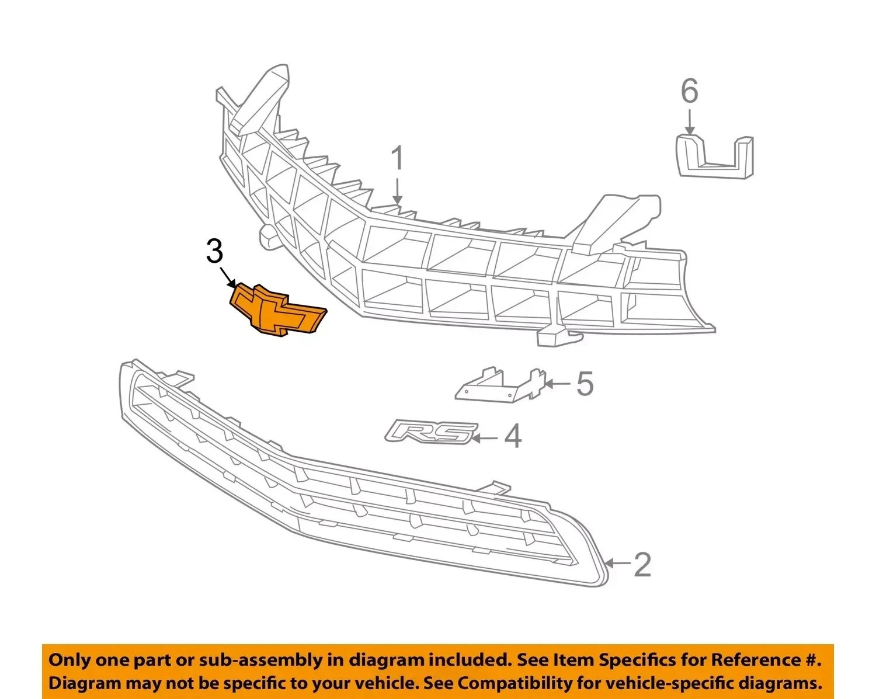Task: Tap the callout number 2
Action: pos(643,564)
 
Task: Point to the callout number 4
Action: pos(513,436)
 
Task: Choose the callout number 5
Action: pos(585,383)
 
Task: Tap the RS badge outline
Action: pos(431,432)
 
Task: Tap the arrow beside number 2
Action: pos(617,564)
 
